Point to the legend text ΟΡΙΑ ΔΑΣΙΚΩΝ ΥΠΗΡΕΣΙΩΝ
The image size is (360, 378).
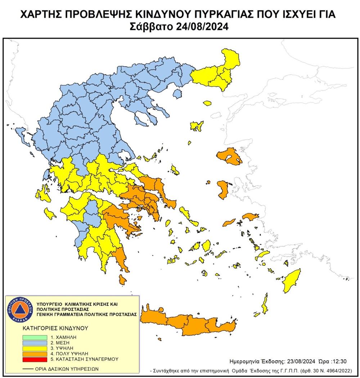66,369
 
